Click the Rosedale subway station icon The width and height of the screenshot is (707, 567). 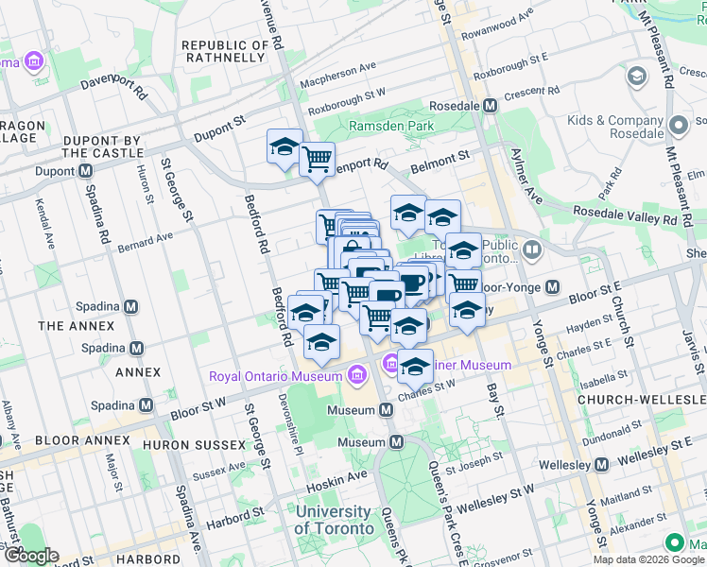(490, 107)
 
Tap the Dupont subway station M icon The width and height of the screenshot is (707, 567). (85, 171)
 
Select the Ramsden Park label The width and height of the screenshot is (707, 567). (390, 126)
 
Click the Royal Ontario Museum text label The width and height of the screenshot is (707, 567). (276, 376)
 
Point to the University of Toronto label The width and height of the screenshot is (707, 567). (334, 520)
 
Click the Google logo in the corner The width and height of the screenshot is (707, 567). (30, 556)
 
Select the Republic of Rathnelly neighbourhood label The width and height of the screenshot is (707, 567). (223, 51)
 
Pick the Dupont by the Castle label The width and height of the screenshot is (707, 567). (101, 146)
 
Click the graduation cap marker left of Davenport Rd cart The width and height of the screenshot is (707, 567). (285, 147)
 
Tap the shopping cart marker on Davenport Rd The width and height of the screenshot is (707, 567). (318, 158)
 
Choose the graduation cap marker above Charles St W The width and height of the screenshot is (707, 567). (415, 366)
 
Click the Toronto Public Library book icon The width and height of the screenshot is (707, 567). (532, 249)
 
